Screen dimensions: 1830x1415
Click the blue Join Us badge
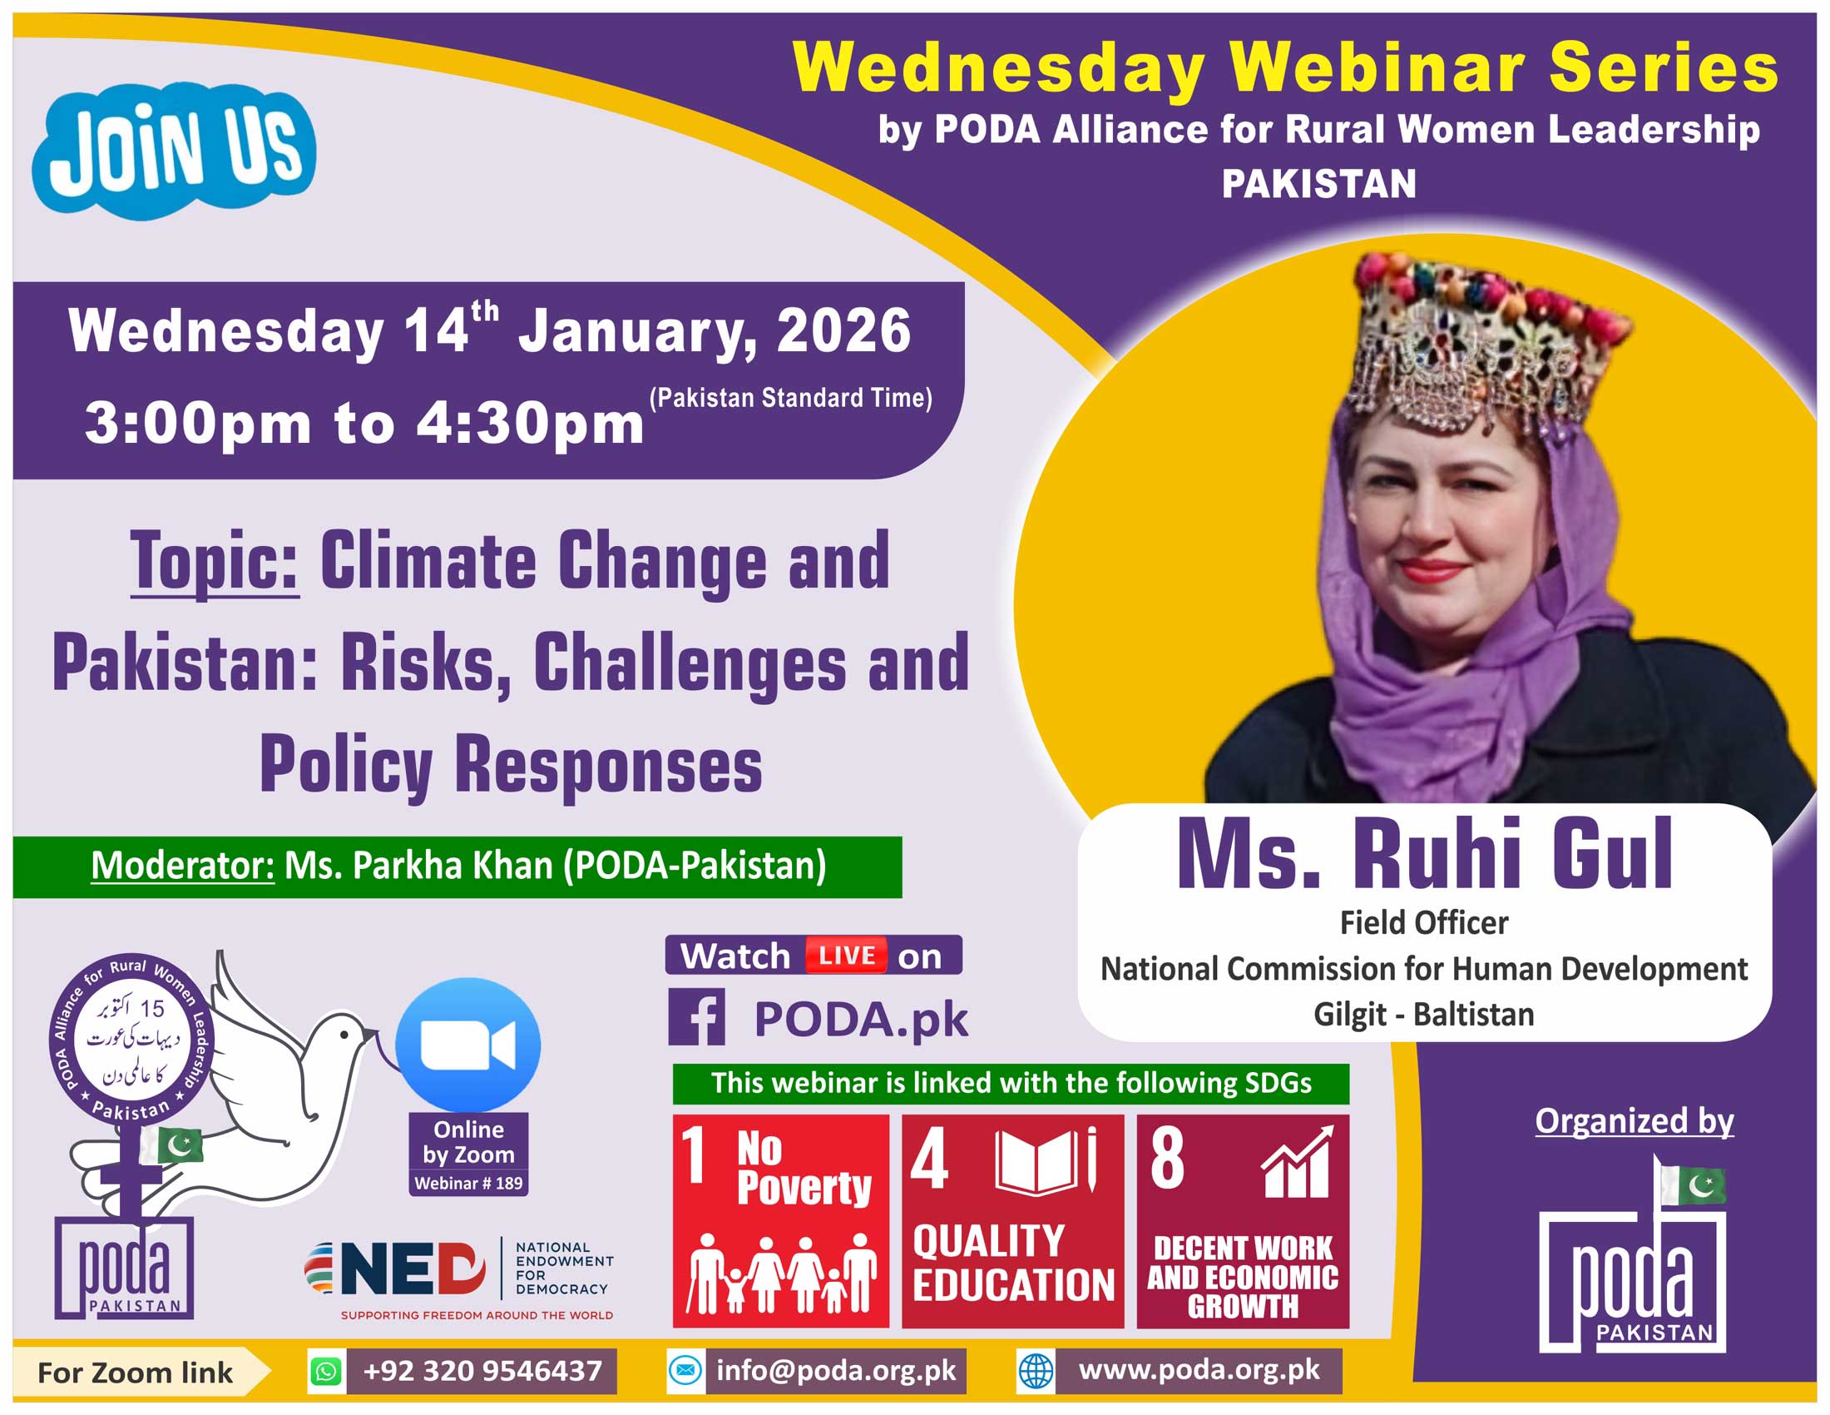(175, 150)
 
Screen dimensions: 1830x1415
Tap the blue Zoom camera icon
(468, 1045)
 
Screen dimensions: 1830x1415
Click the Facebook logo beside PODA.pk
(697, 1017)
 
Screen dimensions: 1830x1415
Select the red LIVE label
(846, 955)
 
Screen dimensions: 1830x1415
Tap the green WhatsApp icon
(326, 1372)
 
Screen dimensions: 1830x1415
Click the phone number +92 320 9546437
(482, 1371)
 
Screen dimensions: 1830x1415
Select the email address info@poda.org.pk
(835, 1371)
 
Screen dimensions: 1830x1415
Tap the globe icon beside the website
(1036, 1372)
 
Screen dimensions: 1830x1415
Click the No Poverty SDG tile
(781, 1220)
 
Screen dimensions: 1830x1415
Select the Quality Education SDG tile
(1013, 1220)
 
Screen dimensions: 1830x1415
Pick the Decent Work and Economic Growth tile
(1243, 1220)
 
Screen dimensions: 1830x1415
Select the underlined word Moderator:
(183, 865)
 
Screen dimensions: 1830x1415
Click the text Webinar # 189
(468, 1183)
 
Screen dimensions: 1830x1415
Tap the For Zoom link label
(135, 1373)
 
